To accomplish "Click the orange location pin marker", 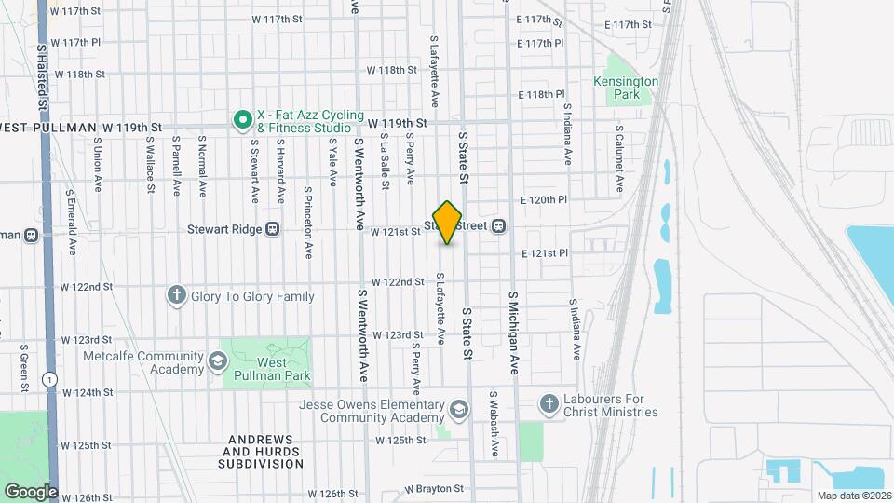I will click(x=448, y=222).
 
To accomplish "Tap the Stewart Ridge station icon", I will click(x=273, y=227).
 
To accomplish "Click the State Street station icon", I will click(x=499, y=225).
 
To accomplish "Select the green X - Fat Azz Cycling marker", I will click(x=242, y=119).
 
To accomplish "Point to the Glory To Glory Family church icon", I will click(x=176, y=296).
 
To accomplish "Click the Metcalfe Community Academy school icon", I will click(x=217, y=360).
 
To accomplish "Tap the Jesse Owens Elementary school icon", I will click(x=458, y=410).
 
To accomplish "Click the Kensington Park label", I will click(x=626, y=88).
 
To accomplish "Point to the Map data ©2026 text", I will click(x=853, y=496).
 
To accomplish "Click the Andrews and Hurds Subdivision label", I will click(x=261, y=451).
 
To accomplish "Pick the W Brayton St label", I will click(x=434, y=488).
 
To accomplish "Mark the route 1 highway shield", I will click(x=48, y=379).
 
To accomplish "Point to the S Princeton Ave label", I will click(x=308, y=221).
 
